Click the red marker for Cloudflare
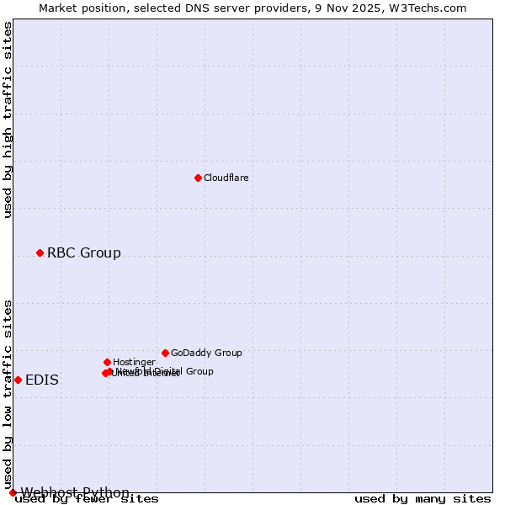click(198, 178)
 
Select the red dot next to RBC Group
click(40, 252)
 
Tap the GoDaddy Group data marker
click(165, 353)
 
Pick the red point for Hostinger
click(107, 362)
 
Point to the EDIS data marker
click(18, 380)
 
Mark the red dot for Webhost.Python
click(13, 492)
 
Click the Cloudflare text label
click(226, 178)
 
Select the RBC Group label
click(83, 252)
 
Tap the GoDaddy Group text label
click(205, 353)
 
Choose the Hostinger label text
click(134, 362)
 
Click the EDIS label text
click(42, 380)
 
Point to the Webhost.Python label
click(75, 492)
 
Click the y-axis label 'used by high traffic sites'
click(8, 120)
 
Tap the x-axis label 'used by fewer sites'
click(87, 499)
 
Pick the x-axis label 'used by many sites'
click(423, 499)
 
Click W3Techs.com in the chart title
click(431, 8)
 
